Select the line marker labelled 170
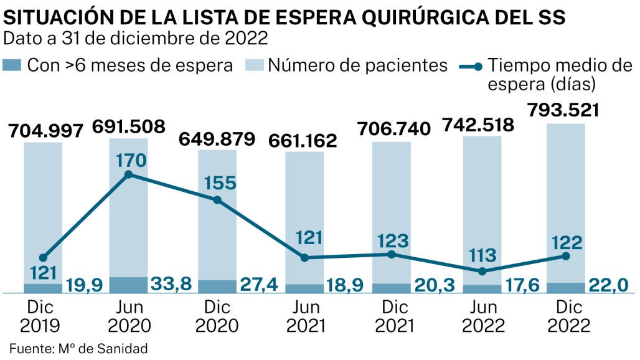point(129,174)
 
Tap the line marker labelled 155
point(217,200)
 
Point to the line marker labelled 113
point(482,271)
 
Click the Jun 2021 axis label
point(304,316)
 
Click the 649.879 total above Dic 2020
point(218,138)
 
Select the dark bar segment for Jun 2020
point(129,285)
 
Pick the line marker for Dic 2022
point(565,256)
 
